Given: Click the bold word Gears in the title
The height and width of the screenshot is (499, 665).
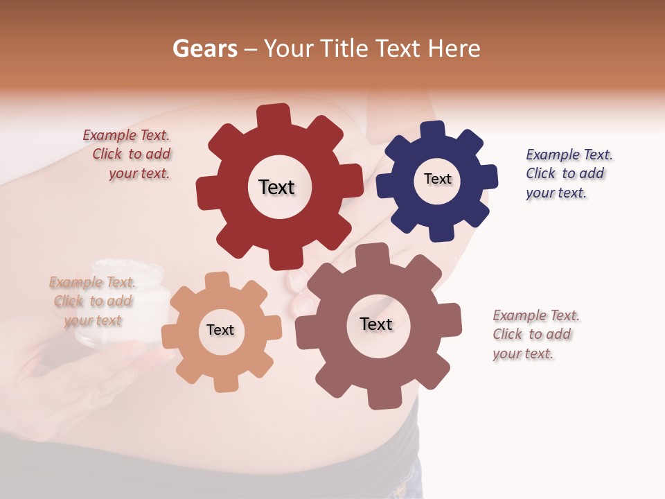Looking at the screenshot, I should point(204,49).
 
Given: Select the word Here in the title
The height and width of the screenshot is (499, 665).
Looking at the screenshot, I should point(454,49).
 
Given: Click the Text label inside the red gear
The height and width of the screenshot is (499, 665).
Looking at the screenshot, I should point(276,187).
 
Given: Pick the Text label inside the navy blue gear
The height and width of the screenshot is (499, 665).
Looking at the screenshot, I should point(437,179).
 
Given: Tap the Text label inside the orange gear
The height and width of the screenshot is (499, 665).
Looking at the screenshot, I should point(220,330).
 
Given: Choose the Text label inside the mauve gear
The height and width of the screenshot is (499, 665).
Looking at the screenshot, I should point(376,324).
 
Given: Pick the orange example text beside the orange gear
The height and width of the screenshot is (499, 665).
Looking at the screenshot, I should point(92,301).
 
